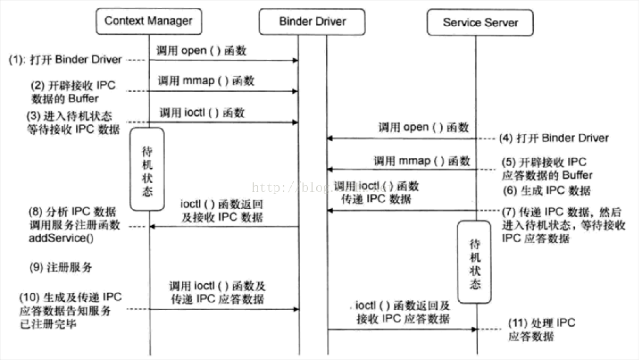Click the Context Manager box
pos(149,21)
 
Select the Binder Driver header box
pos(312,21)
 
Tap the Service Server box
pos(480,23)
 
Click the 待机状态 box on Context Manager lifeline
pos(147,170)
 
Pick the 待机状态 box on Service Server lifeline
pos(474,262)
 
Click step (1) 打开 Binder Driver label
pos(66,60)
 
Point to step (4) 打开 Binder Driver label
pos(554,138)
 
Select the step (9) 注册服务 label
pos(61,267)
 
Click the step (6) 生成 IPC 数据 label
pos(546,191)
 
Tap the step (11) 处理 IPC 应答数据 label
pos(542,329)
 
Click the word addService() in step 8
pos(61,239)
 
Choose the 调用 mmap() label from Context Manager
pos(206,81)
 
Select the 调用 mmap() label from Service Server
pos(421,161)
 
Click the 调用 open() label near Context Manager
pos(201,51)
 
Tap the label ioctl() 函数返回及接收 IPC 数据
pos(222,211)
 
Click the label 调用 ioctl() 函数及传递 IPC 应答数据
pos(218,293)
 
